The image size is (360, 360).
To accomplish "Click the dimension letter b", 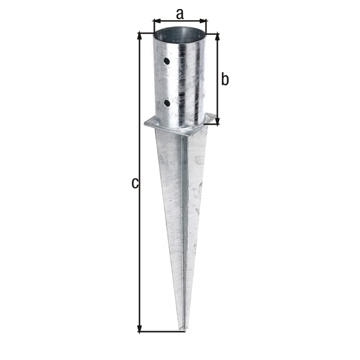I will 226,79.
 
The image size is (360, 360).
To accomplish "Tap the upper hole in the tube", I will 168,61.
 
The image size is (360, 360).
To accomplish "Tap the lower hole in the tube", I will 167,103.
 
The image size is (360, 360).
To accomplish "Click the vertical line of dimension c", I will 140,240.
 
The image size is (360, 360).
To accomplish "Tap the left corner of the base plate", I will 146,124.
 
